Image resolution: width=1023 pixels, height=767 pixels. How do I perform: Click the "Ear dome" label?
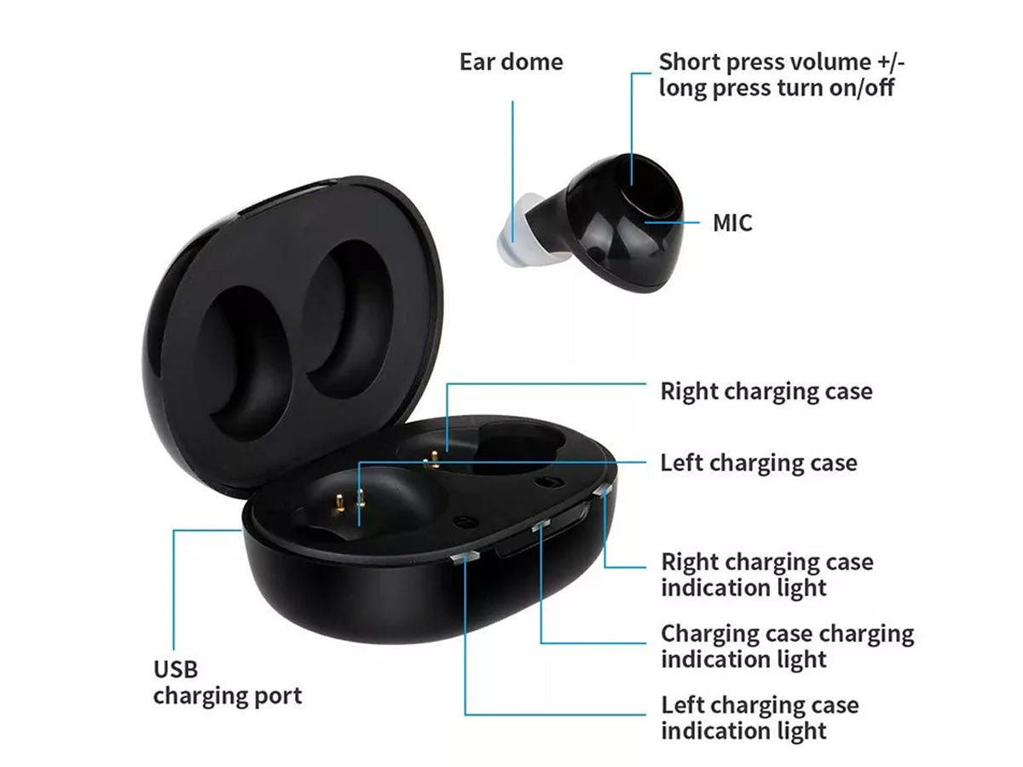(x=511, y=62)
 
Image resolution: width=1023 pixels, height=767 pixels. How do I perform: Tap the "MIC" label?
(x=732, y=222)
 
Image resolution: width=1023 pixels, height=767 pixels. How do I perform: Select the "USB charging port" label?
(x=228, y=683)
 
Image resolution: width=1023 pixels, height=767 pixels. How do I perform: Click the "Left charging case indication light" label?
(x=760, y=718)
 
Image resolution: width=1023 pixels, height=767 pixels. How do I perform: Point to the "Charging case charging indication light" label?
(x=787, y=646)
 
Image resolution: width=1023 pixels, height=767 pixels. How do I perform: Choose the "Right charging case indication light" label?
(x=767, y=574)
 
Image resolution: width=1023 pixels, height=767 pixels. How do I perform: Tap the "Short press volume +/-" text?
(x=782, y=62)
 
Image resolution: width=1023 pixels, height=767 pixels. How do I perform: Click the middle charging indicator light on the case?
(x=540, y=525)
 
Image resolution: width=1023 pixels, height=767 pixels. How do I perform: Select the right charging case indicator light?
(x=603, y=491)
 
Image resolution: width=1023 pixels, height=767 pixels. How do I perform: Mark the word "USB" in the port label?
(x=176, y=670)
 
